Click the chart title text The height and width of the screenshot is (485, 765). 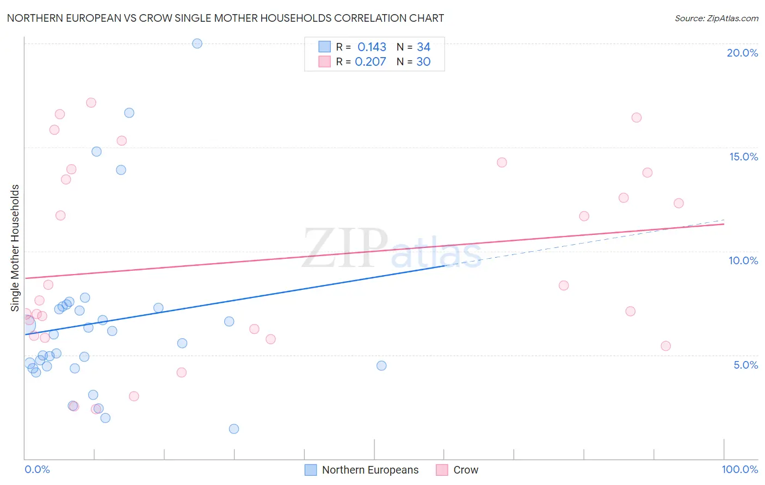pos(225,18)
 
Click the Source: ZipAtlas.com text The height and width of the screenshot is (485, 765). pos(716,18)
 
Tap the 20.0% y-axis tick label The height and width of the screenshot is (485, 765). pos(742,53)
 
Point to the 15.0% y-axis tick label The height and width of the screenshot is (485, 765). pos(743,157)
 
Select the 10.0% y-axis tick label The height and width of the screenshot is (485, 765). pos(743,260)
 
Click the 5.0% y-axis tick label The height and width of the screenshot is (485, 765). pos(745,365)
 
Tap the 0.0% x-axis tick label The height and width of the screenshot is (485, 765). pos(37,469)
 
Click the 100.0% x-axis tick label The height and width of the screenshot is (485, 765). pos(739,469)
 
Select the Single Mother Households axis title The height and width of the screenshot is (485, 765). pos(15,248)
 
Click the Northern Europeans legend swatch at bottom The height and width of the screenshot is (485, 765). pos(311,470)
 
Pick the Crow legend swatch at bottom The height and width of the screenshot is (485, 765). pos(442,470)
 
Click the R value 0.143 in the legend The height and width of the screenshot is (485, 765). pos(372,47)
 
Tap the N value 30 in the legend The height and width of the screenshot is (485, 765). pos(423,62)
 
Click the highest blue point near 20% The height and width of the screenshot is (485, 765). pos(197,43)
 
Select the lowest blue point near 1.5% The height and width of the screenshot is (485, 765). pos(234,428)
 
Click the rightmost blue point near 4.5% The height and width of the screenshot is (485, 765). pos(381,365)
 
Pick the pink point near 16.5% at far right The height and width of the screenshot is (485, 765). pos(636,117)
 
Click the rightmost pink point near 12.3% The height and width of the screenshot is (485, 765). pos(678,203)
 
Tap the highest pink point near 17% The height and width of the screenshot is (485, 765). pos(91,103)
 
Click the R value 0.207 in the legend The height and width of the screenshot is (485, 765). pos(371,62)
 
